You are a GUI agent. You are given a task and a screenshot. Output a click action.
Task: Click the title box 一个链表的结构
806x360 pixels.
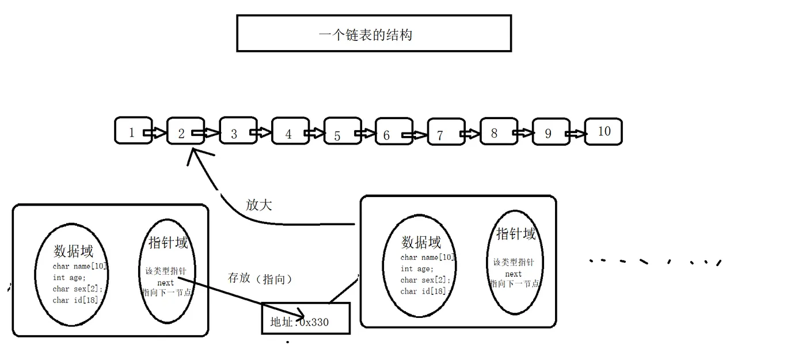point(374,33)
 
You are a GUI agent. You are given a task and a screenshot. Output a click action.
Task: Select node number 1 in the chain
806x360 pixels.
point(132,132)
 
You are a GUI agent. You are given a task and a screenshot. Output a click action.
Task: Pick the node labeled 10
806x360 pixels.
point(603,131)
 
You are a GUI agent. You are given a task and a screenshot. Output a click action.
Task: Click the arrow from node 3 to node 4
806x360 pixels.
point(261,134)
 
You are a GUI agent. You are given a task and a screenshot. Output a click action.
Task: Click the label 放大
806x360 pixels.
point(258,205)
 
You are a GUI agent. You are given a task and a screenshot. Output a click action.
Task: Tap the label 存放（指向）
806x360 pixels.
point(260,279)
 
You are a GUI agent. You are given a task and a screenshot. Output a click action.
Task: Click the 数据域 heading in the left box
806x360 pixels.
point(73,251)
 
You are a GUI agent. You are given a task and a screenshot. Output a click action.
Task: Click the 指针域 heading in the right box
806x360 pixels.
point(516,234)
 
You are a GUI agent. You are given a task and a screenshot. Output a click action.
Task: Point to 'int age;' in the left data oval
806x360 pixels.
point(69,278)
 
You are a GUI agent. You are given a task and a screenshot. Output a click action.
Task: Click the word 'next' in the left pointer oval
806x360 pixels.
point(165,283)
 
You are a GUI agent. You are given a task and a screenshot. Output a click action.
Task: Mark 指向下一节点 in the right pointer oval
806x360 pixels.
point(515,284)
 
